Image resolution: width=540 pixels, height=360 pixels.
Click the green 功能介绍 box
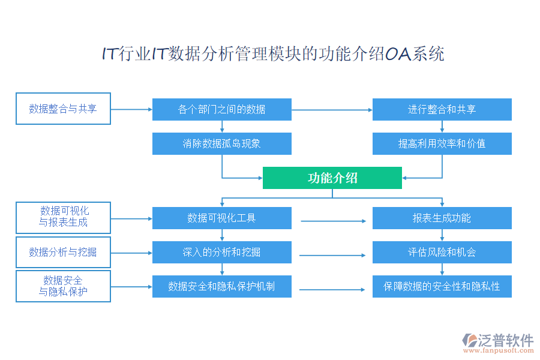coord(332,178)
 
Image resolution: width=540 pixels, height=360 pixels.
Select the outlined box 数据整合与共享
coord(63,109)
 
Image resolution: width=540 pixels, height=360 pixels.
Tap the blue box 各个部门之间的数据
coord(222,109)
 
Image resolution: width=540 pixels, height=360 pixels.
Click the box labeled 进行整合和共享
coord(442,109)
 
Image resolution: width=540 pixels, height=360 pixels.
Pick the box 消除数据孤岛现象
coord(222,144)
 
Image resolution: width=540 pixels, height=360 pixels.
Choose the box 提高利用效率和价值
coord(442,144)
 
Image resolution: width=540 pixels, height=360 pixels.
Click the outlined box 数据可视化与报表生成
coord(63,217)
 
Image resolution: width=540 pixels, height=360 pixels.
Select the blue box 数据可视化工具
coord(222,218)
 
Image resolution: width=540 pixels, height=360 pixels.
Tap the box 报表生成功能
coord(442,218)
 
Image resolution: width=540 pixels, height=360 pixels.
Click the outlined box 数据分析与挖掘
coord(63,252)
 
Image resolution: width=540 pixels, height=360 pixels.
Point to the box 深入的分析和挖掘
coord(222,252)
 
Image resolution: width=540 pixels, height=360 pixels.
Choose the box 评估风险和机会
coord(442,252)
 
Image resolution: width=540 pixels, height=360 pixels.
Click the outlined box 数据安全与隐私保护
coord(63,286)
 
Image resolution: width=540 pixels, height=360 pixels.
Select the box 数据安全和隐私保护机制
coord(222,286)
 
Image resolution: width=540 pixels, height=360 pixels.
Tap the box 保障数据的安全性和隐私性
coord(442,286)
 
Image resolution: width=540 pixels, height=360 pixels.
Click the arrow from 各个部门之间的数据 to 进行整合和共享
coord(332,110)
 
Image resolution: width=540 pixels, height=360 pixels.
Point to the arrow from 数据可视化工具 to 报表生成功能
coord(333,221)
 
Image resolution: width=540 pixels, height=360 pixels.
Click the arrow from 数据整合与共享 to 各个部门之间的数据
coord(131,109)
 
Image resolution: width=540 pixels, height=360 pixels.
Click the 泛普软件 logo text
coord(506,341)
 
